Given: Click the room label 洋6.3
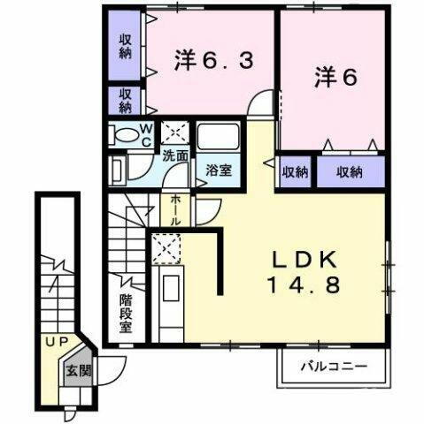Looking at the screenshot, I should (x=214, y=62).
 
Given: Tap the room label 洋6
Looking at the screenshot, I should (x=335, y=78).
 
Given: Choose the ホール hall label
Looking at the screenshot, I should (x=176, y=209).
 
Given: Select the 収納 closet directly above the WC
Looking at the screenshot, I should (x=126, y=101).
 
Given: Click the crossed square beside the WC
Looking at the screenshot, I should (x=173, y=132).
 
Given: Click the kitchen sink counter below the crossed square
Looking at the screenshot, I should (x=169, y=300).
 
